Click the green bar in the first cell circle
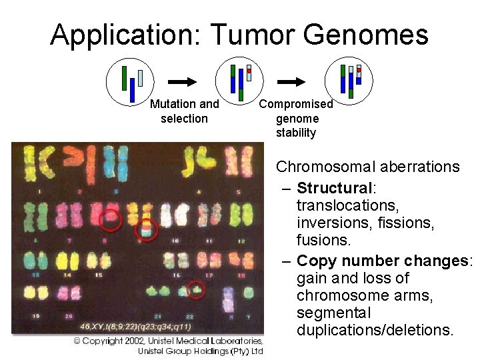(x=124, y=78)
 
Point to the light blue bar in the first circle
(x=141, y=78)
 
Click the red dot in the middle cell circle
(x=249, y=70)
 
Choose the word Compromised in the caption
(x=295, y=104)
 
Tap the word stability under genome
(x=296, y=133)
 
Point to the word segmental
(x=331, y=313)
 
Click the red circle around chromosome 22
(x=195, y=290)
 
